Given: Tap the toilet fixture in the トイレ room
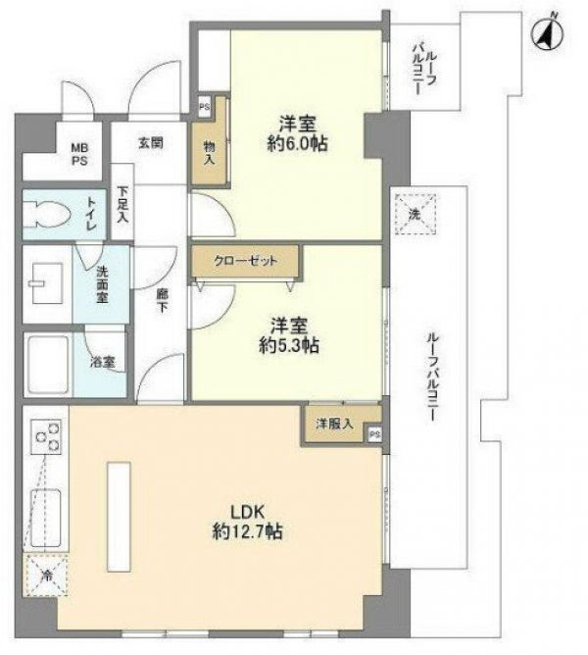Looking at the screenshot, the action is [x=45, y=215].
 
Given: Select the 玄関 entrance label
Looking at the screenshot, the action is [x=151, y=143].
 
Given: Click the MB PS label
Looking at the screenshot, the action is [x=79, y=154].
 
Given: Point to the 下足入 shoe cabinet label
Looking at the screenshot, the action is [x=122, y=203].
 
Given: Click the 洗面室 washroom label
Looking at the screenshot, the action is [x=102, y=284].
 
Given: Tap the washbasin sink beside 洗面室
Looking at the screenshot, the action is [x=47, y=283].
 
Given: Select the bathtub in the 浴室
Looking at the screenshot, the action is [x=48, y=364].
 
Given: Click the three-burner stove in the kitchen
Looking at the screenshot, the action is [x=46, y=436].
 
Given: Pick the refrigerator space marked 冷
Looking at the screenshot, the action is [x=46, y=576].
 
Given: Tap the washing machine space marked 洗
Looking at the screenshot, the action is [x=416, y=215].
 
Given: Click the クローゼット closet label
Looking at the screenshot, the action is [x=245, y=261].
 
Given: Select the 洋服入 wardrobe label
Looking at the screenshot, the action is [x=334, y=424].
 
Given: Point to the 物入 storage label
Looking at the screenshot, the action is [x=209, y=152].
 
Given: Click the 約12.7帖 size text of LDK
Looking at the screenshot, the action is [x=247, y=531].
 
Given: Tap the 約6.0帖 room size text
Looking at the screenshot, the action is [x=297, y=144].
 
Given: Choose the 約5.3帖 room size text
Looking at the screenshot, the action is [x=289, y=345].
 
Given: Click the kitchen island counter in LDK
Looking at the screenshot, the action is [x=119, y=517].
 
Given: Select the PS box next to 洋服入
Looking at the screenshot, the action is [x=374, y=434].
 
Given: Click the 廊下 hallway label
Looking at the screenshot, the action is [x=163, y=301].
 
